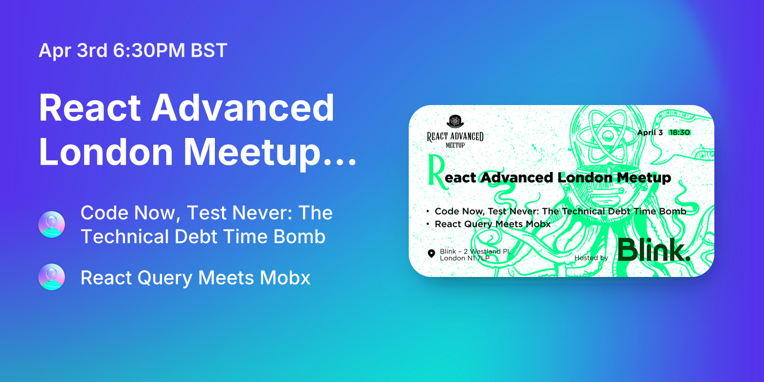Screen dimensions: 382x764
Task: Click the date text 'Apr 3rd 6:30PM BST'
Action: point(133,51)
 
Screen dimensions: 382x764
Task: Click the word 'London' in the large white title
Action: point(106,152)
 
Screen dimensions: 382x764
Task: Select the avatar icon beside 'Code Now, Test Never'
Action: point(52,224)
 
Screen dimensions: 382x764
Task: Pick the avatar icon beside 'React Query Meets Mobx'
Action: point(52,277)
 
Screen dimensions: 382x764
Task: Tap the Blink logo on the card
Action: point(654,250)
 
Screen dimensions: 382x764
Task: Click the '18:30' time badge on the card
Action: point(679,132)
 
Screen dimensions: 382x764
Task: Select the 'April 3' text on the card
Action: point(650,132)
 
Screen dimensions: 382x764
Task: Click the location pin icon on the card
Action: point(431,254)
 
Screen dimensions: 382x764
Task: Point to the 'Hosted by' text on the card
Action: point(591,258)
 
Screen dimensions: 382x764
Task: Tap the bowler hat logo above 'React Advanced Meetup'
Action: point(456,121)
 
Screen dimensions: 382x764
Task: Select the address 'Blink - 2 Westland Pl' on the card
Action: point(475,251)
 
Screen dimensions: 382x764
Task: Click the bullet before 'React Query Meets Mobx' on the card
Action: point(428,223)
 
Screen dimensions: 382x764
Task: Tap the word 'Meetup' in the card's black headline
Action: point(644,178)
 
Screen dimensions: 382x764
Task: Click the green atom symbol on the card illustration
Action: point(608,135)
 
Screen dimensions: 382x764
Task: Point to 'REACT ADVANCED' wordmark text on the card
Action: point(455,137)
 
